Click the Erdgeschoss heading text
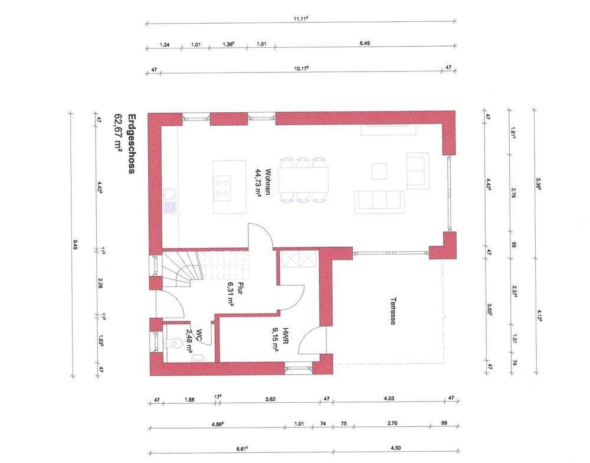click(x=133, y=144)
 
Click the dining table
click(x=303, y=180)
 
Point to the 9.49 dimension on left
click(x=75, y=244)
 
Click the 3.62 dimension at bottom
click(x=270, y=399)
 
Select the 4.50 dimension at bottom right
click(x=392, y=449)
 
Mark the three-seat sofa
click(x=379, y=200)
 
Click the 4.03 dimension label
click(x=389, y=399)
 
